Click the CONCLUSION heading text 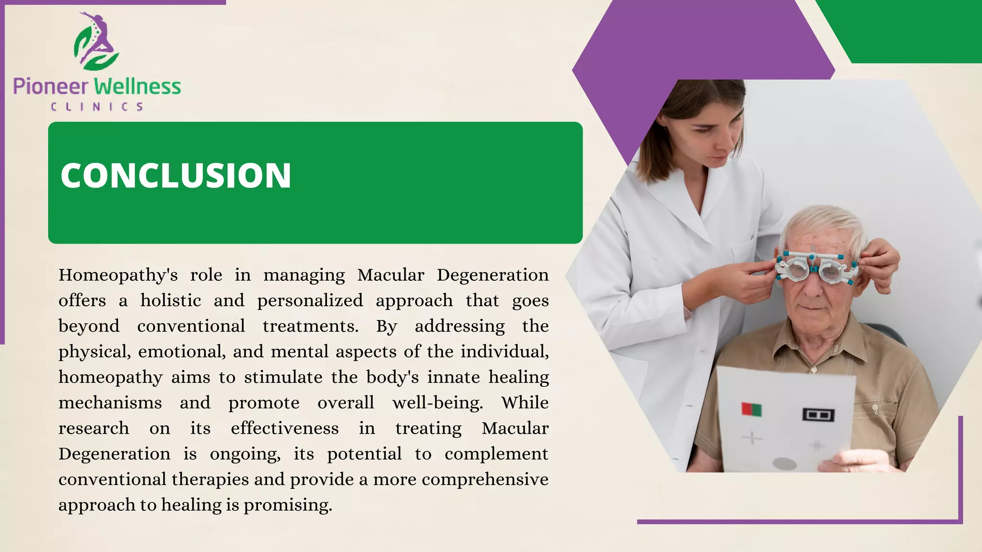pyautogui.click(x=175, y=175)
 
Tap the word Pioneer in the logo pyautogui.click(x=50, y=87)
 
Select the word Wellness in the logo pyautogui.click(x=138, y=87)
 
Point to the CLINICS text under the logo pyautogui.click(x=97, y=107)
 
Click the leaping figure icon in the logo pyautogui.click(x=97, y=41)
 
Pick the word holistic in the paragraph pyautogui.click(x=171, y=301)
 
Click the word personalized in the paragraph pyautogui.click(x=310, y=301)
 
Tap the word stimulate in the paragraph pyautogui.click(x=283, y=378)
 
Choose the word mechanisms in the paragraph pyautogui.click(x=110, y=403)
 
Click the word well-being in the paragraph pyautogui.click(x=437, y=403)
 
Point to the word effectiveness pyautogui.click(x=284, y=428)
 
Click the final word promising pyautogui.click(x=288, y=506)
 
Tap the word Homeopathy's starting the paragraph pyautogui.click(x=118, y=276)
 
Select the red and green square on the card pyautogui.click(x=751, y=409)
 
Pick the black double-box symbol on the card pyautogui.click(x=818, y=414)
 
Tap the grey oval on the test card pyautogui.click(x=785, y=463)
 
